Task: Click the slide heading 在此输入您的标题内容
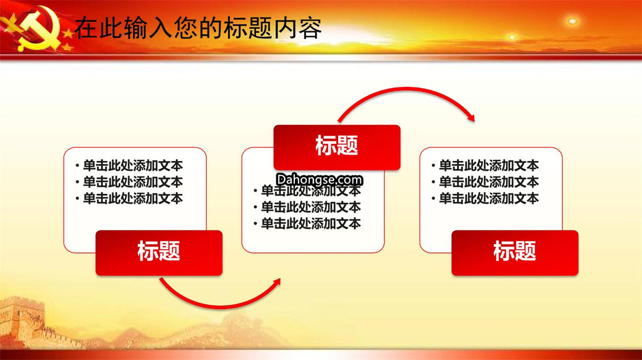coord(198,28)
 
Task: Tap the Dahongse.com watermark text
coord(319,179)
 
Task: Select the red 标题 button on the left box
coord(159,252)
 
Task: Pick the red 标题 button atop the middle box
coord(337,147)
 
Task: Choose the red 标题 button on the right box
coord(515,252)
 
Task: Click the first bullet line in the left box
coord(129,165)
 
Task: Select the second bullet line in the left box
coord(129,182)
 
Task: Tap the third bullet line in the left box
coord(129,198)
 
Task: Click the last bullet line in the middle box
coord(307,223)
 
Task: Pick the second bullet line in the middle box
coord(307,207)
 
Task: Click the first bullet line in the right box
coord(485,165)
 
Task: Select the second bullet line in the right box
coord(485,182)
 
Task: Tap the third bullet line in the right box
coord(485,198)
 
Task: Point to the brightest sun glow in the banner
coord(572,20)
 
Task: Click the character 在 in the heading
coord(87,28)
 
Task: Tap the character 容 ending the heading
coord(310,28)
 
